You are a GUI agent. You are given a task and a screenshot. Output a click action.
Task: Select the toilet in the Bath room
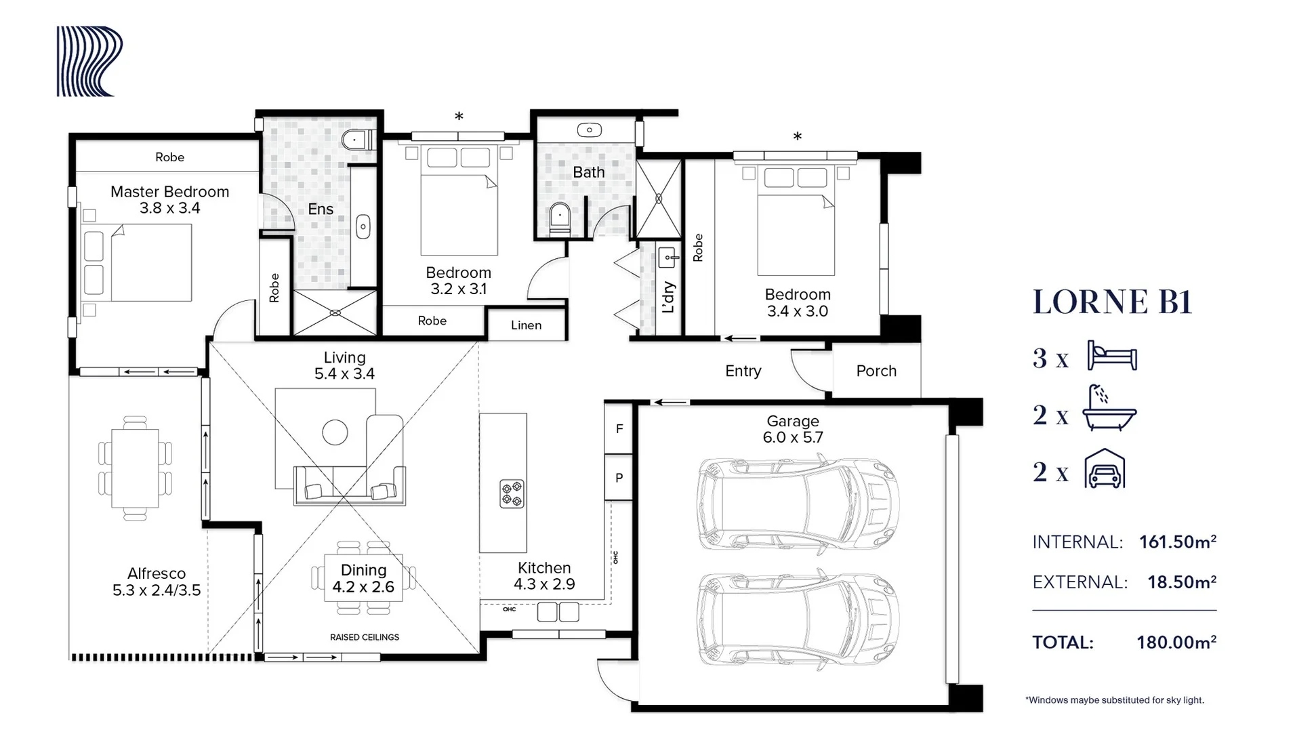pyautogui.click(x=560, y=218)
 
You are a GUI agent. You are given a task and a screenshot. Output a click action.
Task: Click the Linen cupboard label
pyautogui.click(x=526, y=325)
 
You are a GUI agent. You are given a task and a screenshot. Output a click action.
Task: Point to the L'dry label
pyautogui.click(x=669, y=297)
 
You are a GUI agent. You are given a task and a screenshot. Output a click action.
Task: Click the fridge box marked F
pyautogui.click(x=619, y=428)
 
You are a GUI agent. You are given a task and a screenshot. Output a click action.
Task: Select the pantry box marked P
pyautogui.click(x=619, y=478)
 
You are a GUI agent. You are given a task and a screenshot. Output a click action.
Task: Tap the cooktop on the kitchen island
pyautogui.click(x=512, y=493)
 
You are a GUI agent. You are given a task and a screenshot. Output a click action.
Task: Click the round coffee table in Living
pyautogui.click(x=335, y=432)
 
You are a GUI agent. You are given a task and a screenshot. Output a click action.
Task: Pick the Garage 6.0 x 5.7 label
pyautogui.click(x=792, y=429)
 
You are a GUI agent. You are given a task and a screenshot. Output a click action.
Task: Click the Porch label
pyautogui.click(x=876, y=371)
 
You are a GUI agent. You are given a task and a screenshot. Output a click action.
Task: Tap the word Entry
pyautogui.click(x=743, y=371)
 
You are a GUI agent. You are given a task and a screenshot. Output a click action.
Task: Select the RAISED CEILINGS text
pyautogui.click(x=365, y=637)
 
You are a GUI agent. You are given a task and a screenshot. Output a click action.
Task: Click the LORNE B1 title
pyautogui.click(x=1111, y=302)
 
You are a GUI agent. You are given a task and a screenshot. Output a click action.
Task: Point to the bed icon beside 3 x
pyautogui.click(x=1111, y=357)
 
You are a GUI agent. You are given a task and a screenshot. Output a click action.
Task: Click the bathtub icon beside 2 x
pyautogui.click(x=1109, y=409)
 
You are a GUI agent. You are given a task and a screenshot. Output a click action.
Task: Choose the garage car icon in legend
pyautogui.click(x=1105, y=469)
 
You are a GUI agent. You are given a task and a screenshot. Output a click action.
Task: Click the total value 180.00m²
pyautogui.click(x=1176, y=643)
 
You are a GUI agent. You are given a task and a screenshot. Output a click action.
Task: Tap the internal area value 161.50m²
pyautogui.click(x=1177, y=542)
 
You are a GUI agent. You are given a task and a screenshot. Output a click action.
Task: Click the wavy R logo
pyautogui.click(x=89, y=62)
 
